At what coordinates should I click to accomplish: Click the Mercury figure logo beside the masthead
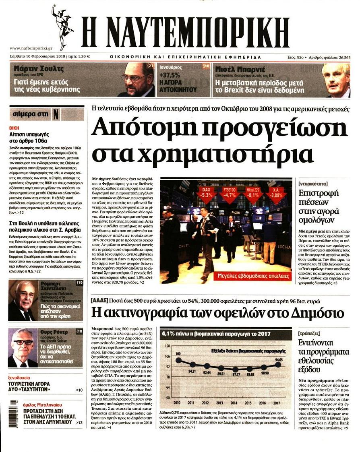(x=62, y=27)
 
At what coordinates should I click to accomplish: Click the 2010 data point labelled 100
(x=178, y=360)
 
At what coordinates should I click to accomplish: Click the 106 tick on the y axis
(x=168, y=357)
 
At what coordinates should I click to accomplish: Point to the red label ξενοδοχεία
(x=22, y=378)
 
